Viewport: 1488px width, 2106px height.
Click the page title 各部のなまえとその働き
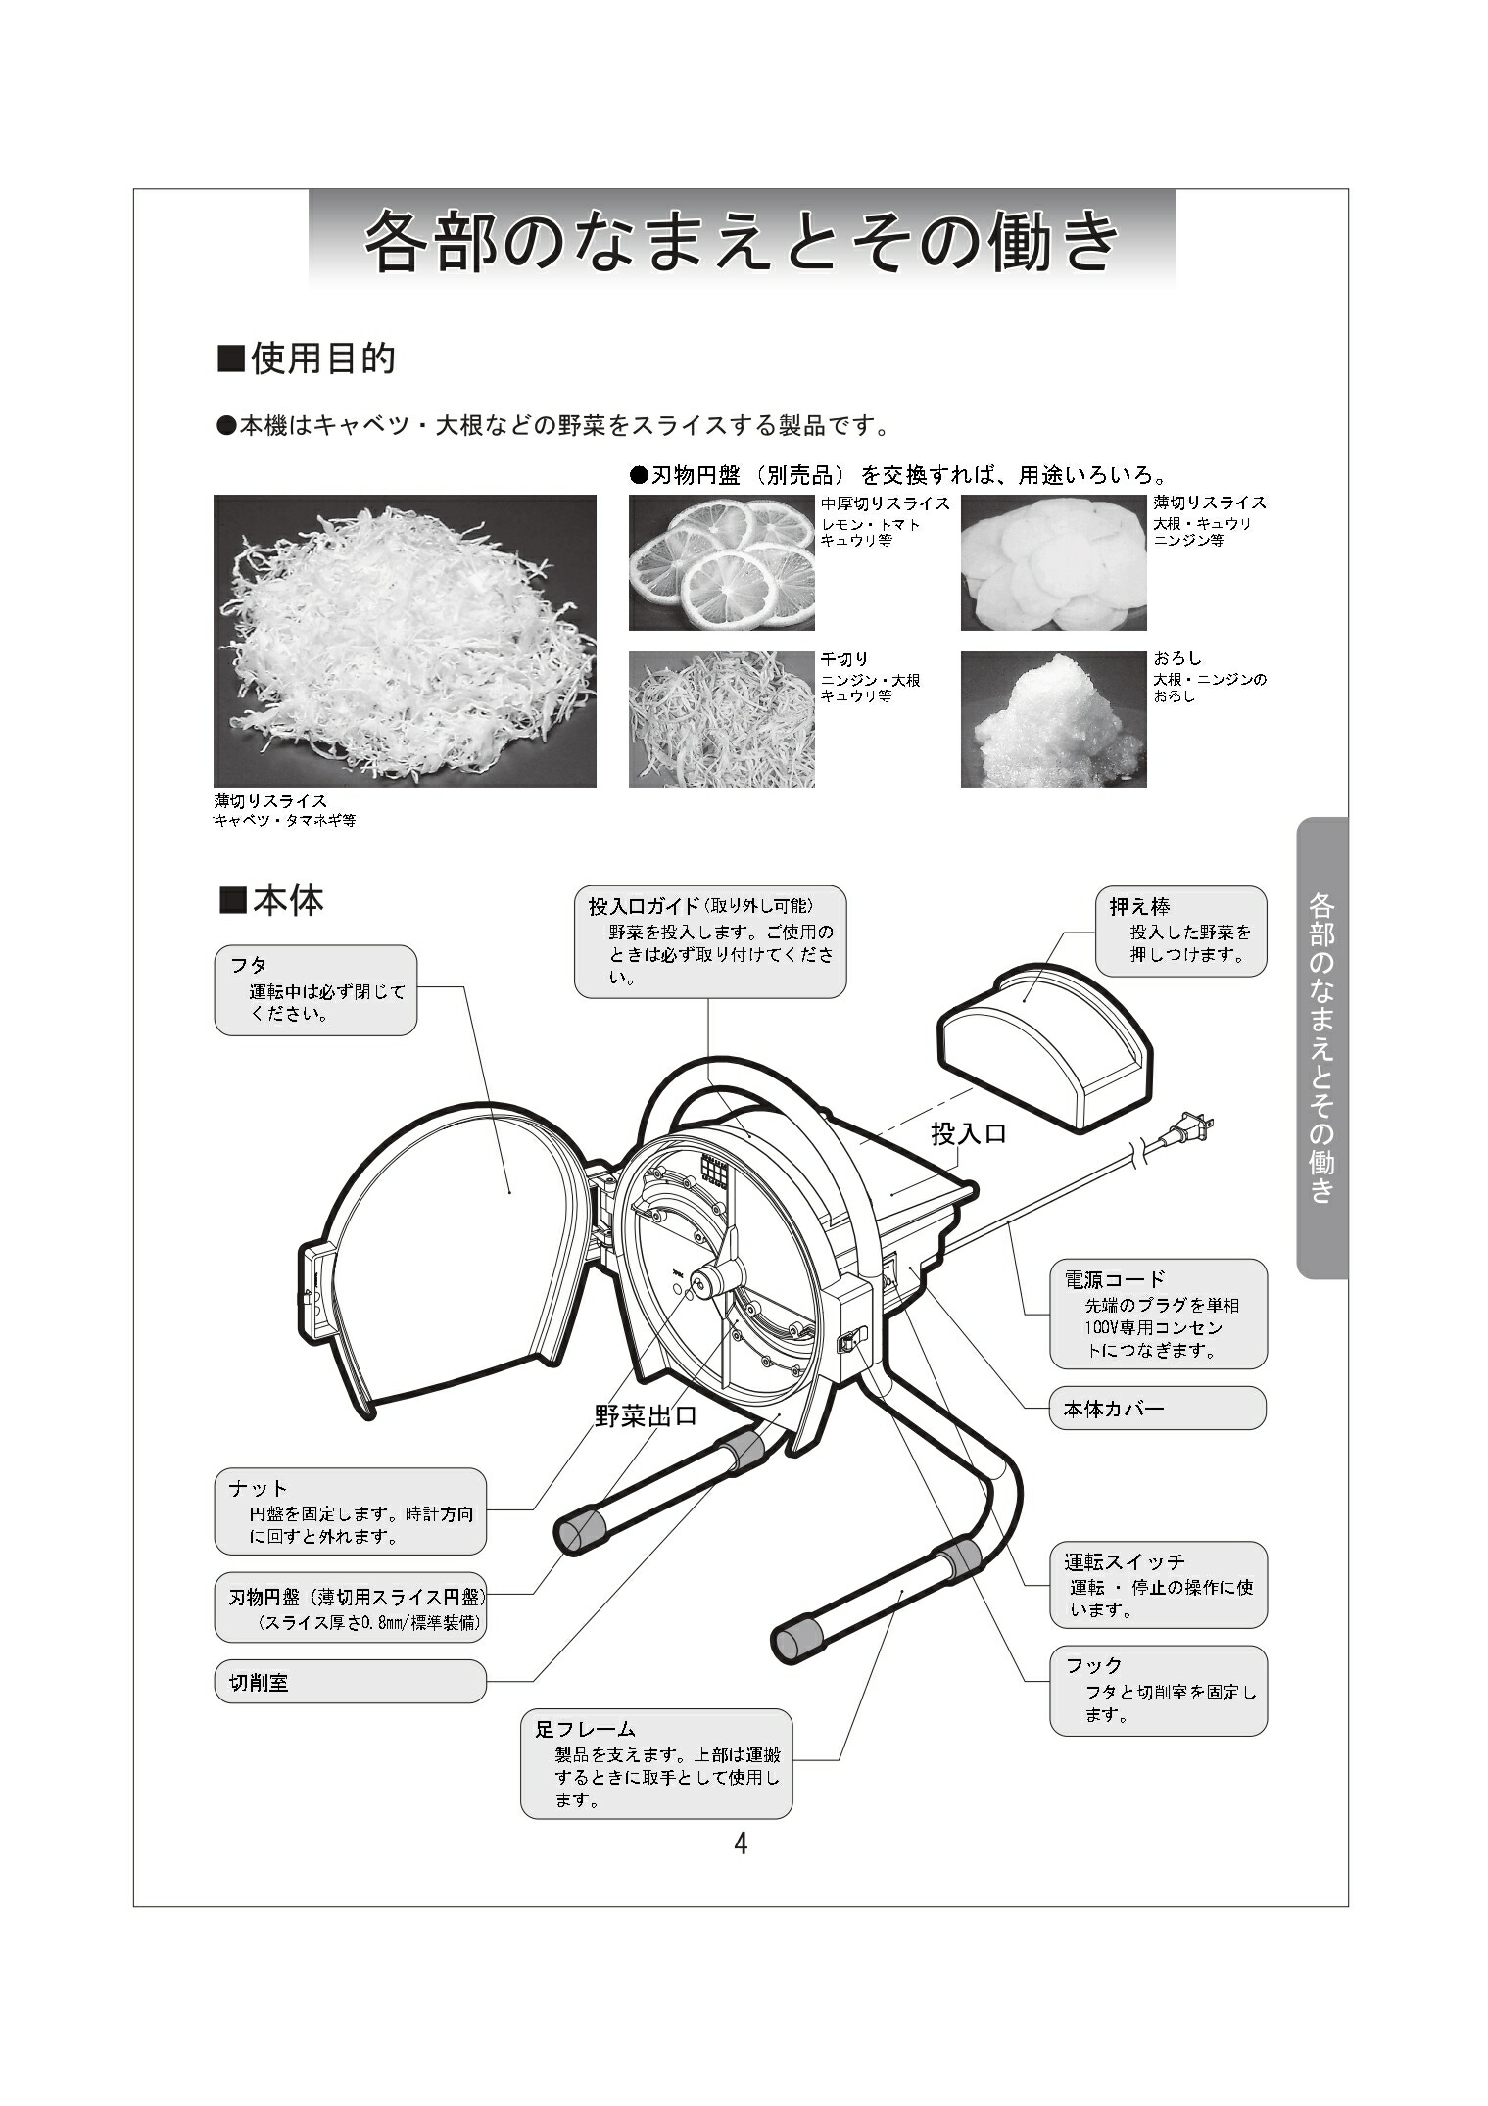742,240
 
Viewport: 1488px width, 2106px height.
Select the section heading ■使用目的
306,359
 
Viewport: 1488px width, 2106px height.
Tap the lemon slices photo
721,562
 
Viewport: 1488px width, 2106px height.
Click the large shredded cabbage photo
405,640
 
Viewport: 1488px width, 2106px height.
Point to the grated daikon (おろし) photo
1053,719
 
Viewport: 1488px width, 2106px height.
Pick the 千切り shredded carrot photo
721,719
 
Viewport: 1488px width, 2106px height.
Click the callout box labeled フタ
315,989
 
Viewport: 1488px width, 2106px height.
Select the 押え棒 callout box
1180,931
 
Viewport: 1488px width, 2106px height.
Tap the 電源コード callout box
1158,1314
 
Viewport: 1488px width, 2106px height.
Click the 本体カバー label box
1158,1409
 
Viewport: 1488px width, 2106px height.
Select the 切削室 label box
350,1682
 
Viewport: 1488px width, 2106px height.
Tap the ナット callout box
350,1511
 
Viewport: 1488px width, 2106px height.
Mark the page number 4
741,1843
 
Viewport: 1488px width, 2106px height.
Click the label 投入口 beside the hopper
968,1134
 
